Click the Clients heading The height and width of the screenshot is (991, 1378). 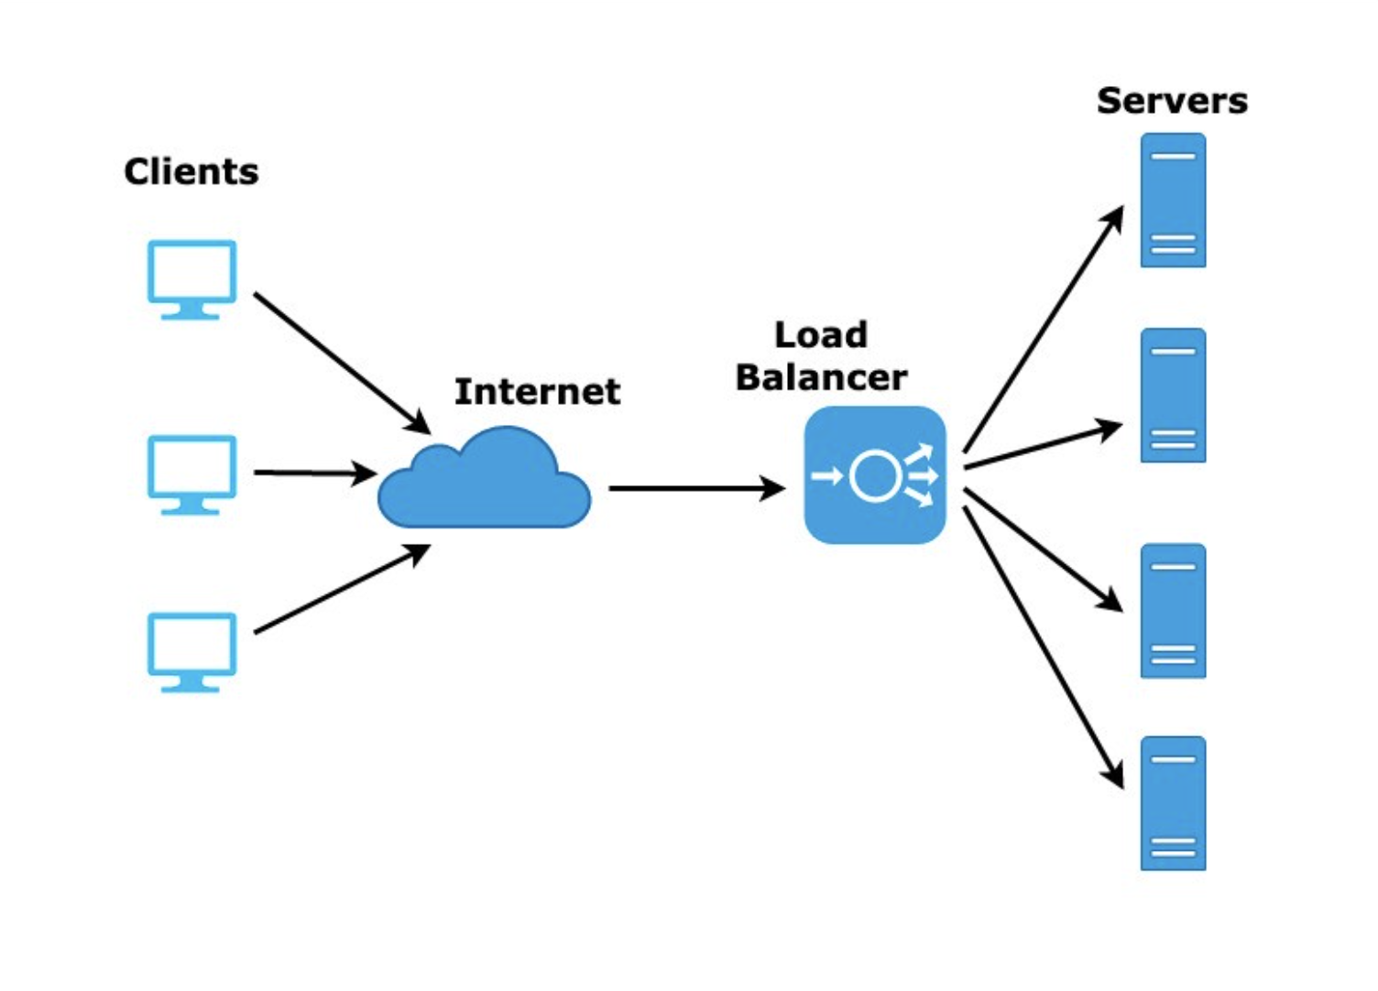[191, 171]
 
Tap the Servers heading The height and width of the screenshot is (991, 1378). [1173, 101]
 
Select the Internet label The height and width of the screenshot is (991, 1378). [537, 391]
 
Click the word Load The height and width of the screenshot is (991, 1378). [821, 335]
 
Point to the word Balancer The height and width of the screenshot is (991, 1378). [822, 377]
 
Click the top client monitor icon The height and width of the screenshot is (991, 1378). [191, 280]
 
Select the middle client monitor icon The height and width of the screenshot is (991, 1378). [191, 475]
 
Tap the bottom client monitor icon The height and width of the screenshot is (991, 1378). [191, 653]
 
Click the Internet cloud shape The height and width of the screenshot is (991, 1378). [484, 478]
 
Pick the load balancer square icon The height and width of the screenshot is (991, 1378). [875, 475]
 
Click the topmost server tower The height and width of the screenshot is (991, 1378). [1173, 201]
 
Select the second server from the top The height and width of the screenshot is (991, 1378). [1173, 396]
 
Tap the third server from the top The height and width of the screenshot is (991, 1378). [1173, 611]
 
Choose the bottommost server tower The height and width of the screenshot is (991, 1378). [1173, 803]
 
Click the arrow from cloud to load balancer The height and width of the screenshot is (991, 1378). [697, 488]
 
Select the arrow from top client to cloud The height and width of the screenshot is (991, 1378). [342, 364]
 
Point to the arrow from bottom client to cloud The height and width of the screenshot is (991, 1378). [342, 589]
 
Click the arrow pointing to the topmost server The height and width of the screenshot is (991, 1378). [1044, 329]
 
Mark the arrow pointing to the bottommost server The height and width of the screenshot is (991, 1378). [1044, 648]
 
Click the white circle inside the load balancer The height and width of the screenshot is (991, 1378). [853, 476]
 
